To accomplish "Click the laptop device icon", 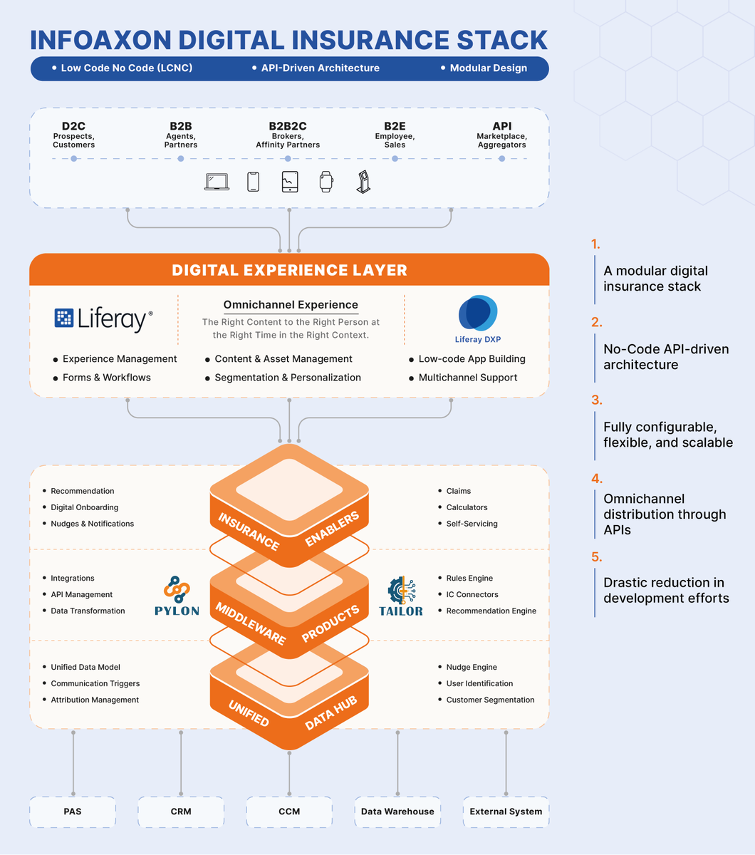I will [217, 182].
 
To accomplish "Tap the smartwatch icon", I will [326, 182].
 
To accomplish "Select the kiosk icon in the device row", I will [363, 182].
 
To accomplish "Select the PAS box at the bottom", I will [73, 812].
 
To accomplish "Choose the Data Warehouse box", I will [397, 812].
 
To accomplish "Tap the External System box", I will [506, 812].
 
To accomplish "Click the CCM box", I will [289, 812].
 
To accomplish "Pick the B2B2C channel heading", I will [288, 126].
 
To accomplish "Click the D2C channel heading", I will [73, 126].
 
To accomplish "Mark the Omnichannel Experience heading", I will [291, 305].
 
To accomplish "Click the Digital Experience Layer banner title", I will [289, 270].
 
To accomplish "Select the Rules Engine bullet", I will [469, 578].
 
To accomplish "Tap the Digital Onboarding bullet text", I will [84, 507].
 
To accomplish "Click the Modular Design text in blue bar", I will [488, 68].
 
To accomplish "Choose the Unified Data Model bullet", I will [85, 667].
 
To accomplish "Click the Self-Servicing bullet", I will [472, 524].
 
